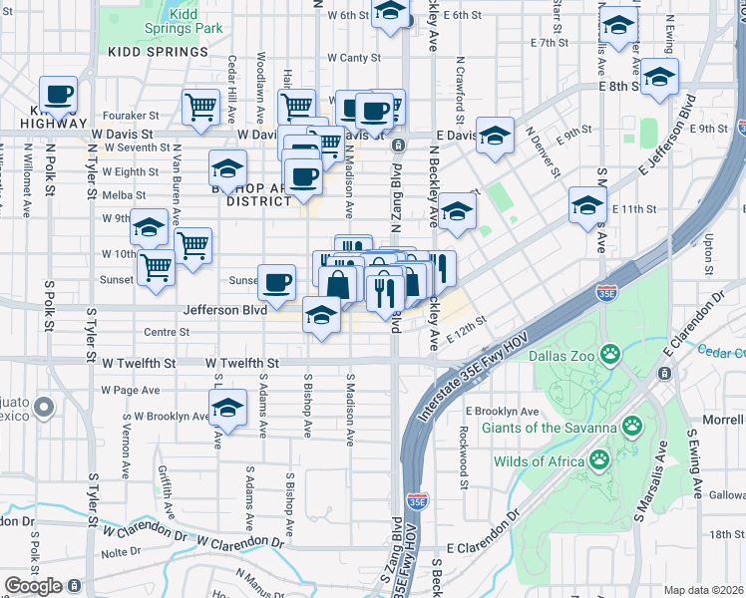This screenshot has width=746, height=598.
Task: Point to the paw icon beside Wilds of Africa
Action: click(598, 459)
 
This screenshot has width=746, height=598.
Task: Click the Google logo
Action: click(33, 586)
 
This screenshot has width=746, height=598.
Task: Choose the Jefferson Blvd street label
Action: click(224, 310)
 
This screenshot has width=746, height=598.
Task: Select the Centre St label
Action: click(167, 332)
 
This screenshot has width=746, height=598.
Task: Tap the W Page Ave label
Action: click(132, 390)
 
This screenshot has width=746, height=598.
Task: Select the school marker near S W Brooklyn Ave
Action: click(227, 407)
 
